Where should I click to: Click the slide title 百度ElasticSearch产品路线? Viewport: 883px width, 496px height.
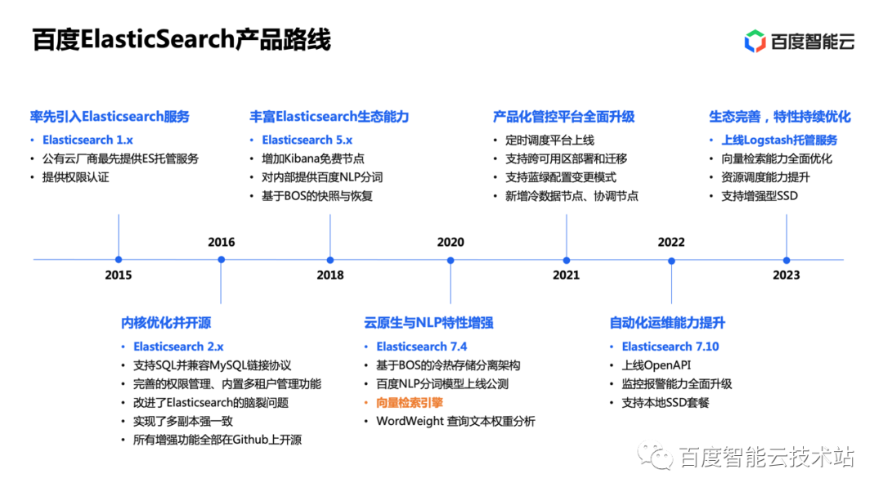(x=182, y=39)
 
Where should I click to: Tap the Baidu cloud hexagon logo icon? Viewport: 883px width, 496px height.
(x=755, y=41)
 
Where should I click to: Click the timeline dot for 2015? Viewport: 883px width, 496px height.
(x=119, y=260)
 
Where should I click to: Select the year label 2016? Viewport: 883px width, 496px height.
(x=222, y=242)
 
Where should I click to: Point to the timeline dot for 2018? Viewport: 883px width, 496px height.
(x=330, y=260)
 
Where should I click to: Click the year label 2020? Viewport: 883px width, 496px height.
(x=450, y=242)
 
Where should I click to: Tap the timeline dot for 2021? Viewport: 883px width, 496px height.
(x=567, y=261)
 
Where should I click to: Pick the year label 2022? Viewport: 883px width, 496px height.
(x=671, y=242)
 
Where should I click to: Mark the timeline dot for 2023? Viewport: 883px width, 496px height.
(x=787, y=261)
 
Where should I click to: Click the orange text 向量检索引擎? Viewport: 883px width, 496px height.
(x=410, y=403)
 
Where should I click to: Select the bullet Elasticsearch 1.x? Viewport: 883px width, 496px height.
(x=87, y=140)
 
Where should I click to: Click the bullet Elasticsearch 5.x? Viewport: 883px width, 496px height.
(x=307, y=140)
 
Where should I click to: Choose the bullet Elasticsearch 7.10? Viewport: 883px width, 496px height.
(x=670, y=346)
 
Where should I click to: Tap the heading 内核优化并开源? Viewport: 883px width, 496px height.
(x=166, y=323)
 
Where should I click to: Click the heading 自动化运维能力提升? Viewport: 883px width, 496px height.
(x=667, y=323)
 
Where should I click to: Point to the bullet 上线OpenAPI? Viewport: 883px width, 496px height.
(x=656, y=365)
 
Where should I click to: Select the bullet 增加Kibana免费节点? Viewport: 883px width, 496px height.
(x=313, y=159)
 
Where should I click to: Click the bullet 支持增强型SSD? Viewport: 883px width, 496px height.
(x=760, y=196)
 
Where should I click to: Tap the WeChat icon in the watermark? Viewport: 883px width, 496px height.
(x=655, y=456)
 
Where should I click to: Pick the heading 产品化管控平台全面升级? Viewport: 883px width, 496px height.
(x=563, y=117)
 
